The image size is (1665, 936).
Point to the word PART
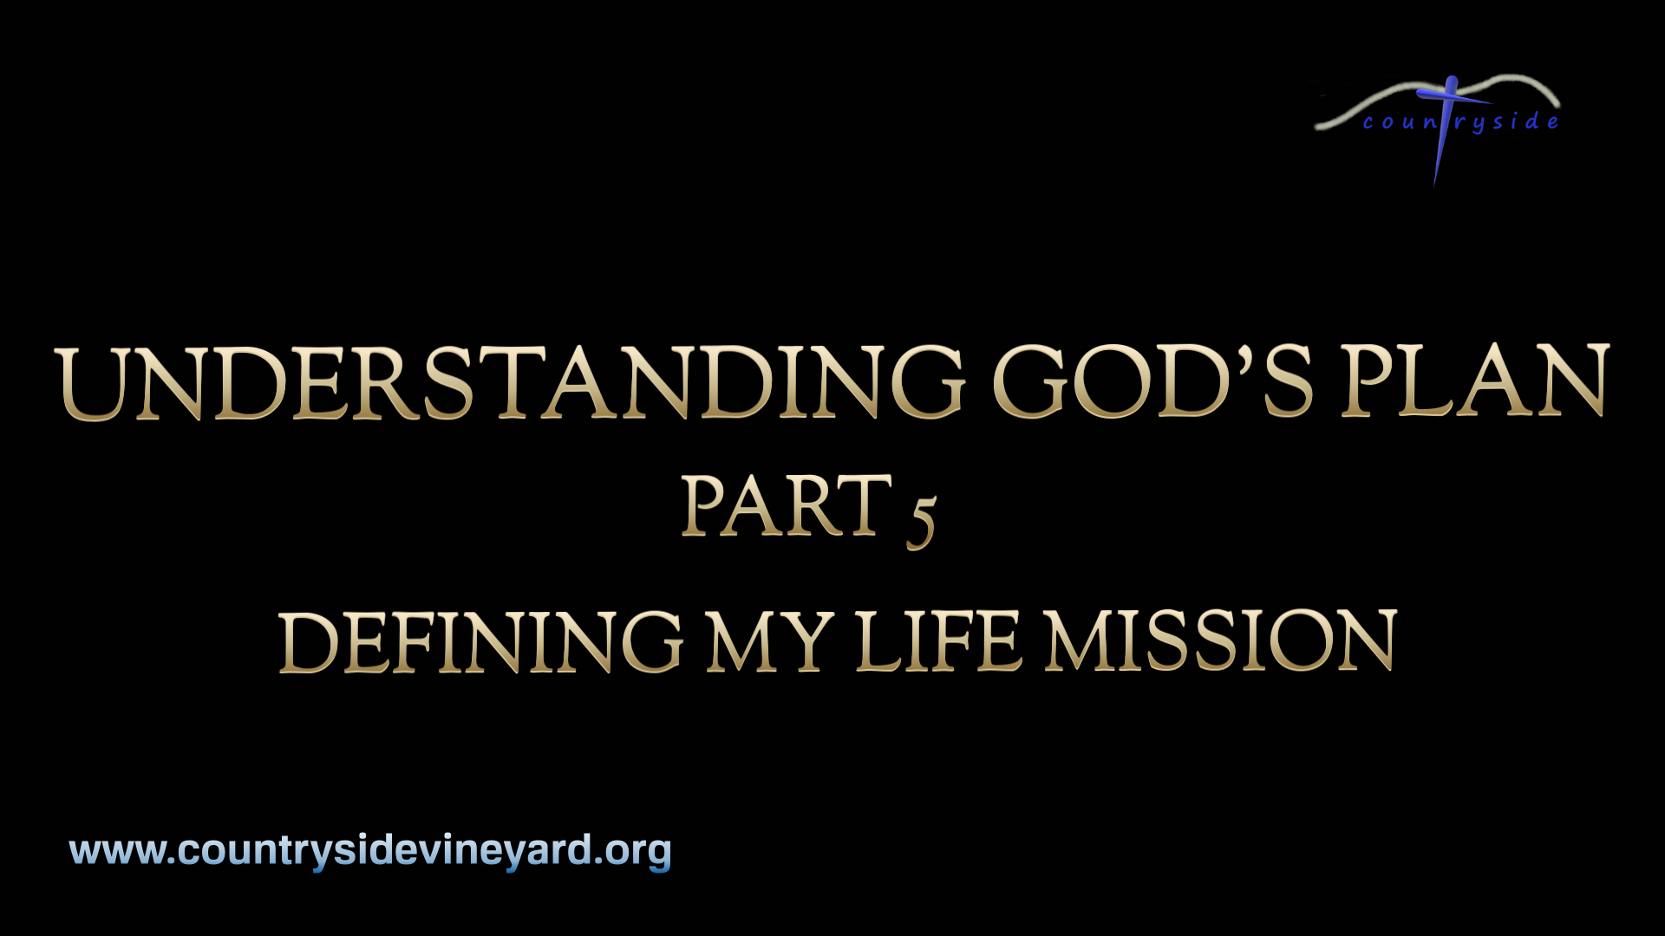(786, 507)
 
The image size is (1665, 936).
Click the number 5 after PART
(921, 521)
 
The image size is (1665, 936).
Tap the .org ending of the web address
(633, 851)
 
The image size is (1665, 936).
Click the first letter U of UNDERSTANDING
(90, 383)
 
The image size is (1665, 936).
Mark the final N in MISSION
(1367, 642)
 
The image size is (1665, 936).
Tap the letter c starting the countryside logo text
(1368, 124)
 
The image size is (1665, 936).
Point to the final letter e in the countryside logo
(1552, 122)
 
